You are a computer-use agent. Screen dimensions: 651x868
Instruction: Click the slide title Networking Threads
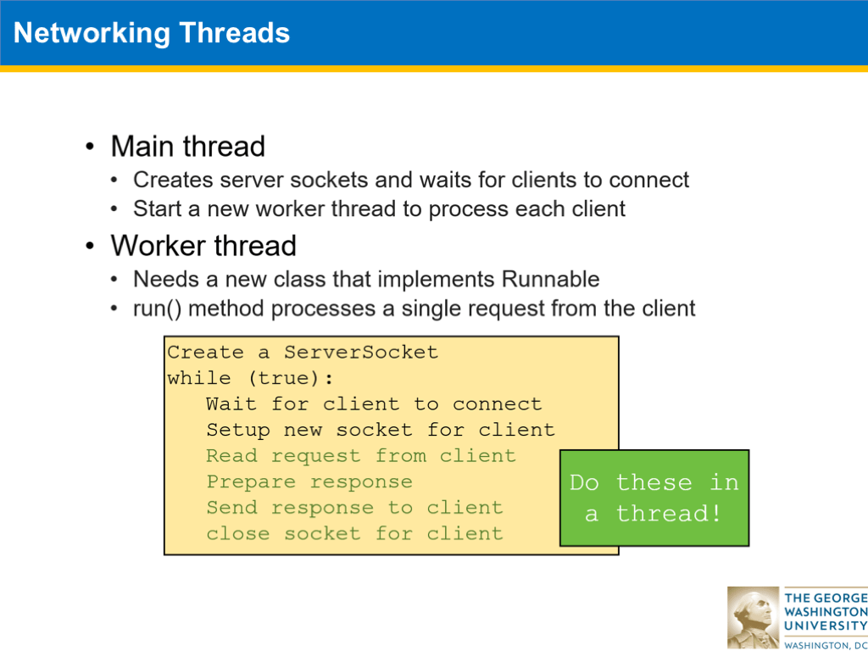pyautogui.click(x=152, y=33)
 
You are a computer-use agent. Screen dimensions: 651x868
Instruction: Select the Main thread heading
pyautogui.click(x=187, y=147)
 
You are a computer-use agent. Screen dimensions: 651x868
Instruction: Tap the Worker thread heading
pyautogui.click(x=203, y=246)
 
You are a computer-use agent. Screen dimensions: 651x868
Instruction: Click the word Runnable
pyautogui.click(x=550, y=279)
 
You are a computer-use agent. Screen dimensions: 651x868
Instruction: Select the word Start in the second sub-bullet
pyautogui.click(x=158, y=209)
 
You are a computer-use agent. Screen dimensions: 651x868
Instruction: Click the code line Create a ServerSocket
pyautogui.click(x=303, y=352)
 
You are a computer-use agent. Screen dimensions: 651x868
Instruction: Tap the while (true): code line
pyautogui.click(x=251, y=378)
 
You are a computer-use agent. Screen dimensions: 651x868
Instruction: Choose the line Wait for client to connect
pyautogui.click(x=373, y=404)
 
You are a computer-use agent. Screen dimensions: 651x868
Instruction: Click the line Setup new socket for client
pyautogui.click(x=380, y=430)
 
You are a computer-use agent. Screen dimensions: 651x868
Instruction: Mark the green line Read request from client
pyautogui.click(x=360, y=456)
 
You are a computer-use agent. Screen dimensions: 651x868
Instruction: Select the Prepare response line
pyautogui.click(x=309, y=481)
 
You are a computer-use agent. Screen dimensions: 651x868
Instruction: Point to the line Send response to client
pyautogui.click(x=353, y=508)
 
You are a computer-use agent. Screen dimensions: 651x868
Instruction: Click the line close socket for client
pyautogui.click(x=353, y=534)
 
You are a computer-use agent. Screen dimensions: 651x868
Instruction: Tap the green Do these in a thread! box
pyautogui.click(x=654, y=498)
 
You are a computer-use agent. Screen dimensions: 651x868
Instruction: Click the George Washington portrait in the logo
pyautogui.click(x=752, y=616)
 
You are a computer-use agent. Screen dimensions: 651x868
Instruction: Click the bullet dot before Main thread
pyautogui.click(x=90, y=147)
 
